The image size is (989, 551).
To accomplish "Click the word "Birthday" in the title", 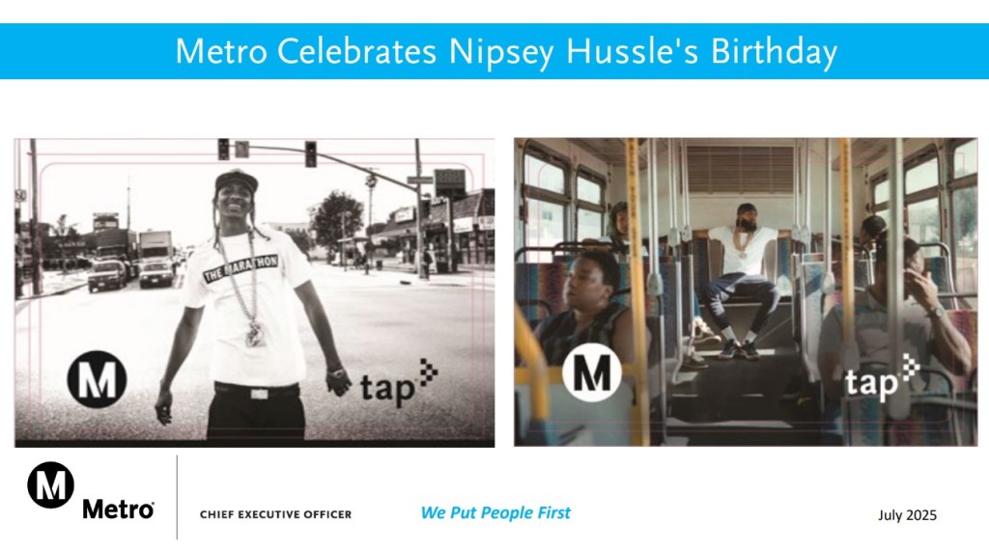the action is [774, 52].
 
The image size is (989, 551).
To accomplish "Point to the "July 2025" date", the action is [907, 515].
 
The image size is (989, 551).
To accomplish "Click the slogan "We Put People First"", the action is [495, 512].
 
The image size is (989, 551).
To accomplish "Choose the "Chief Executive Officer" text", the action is [275, 514].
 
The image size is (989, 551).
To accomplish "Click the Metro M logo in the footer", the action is [50, 484].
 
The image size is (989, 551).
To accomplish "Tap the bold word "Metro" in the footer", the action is [118, 509].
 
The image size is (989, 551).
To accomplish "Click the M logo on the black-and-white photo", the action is [98, 379].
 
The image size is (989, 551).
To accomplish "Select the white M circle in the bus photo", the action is [591, 372].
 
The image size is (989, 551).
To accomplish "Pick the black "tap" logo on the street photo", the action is [399, 383].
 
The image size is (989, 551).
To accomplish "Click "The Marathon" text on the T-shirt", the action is [240, 268].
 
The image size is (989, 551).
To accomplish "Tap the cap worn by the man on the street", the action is [237, 181].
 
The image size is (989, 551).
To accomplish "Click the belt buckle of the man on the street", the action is [259, 394].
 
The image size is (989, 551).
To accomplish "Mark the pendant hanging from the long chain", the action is [255, 334].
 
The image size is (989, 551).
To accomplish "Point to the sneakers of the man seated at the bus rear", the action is [737, 349].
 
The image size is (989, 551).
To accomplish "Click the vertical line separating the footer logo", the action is [177, 497].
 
